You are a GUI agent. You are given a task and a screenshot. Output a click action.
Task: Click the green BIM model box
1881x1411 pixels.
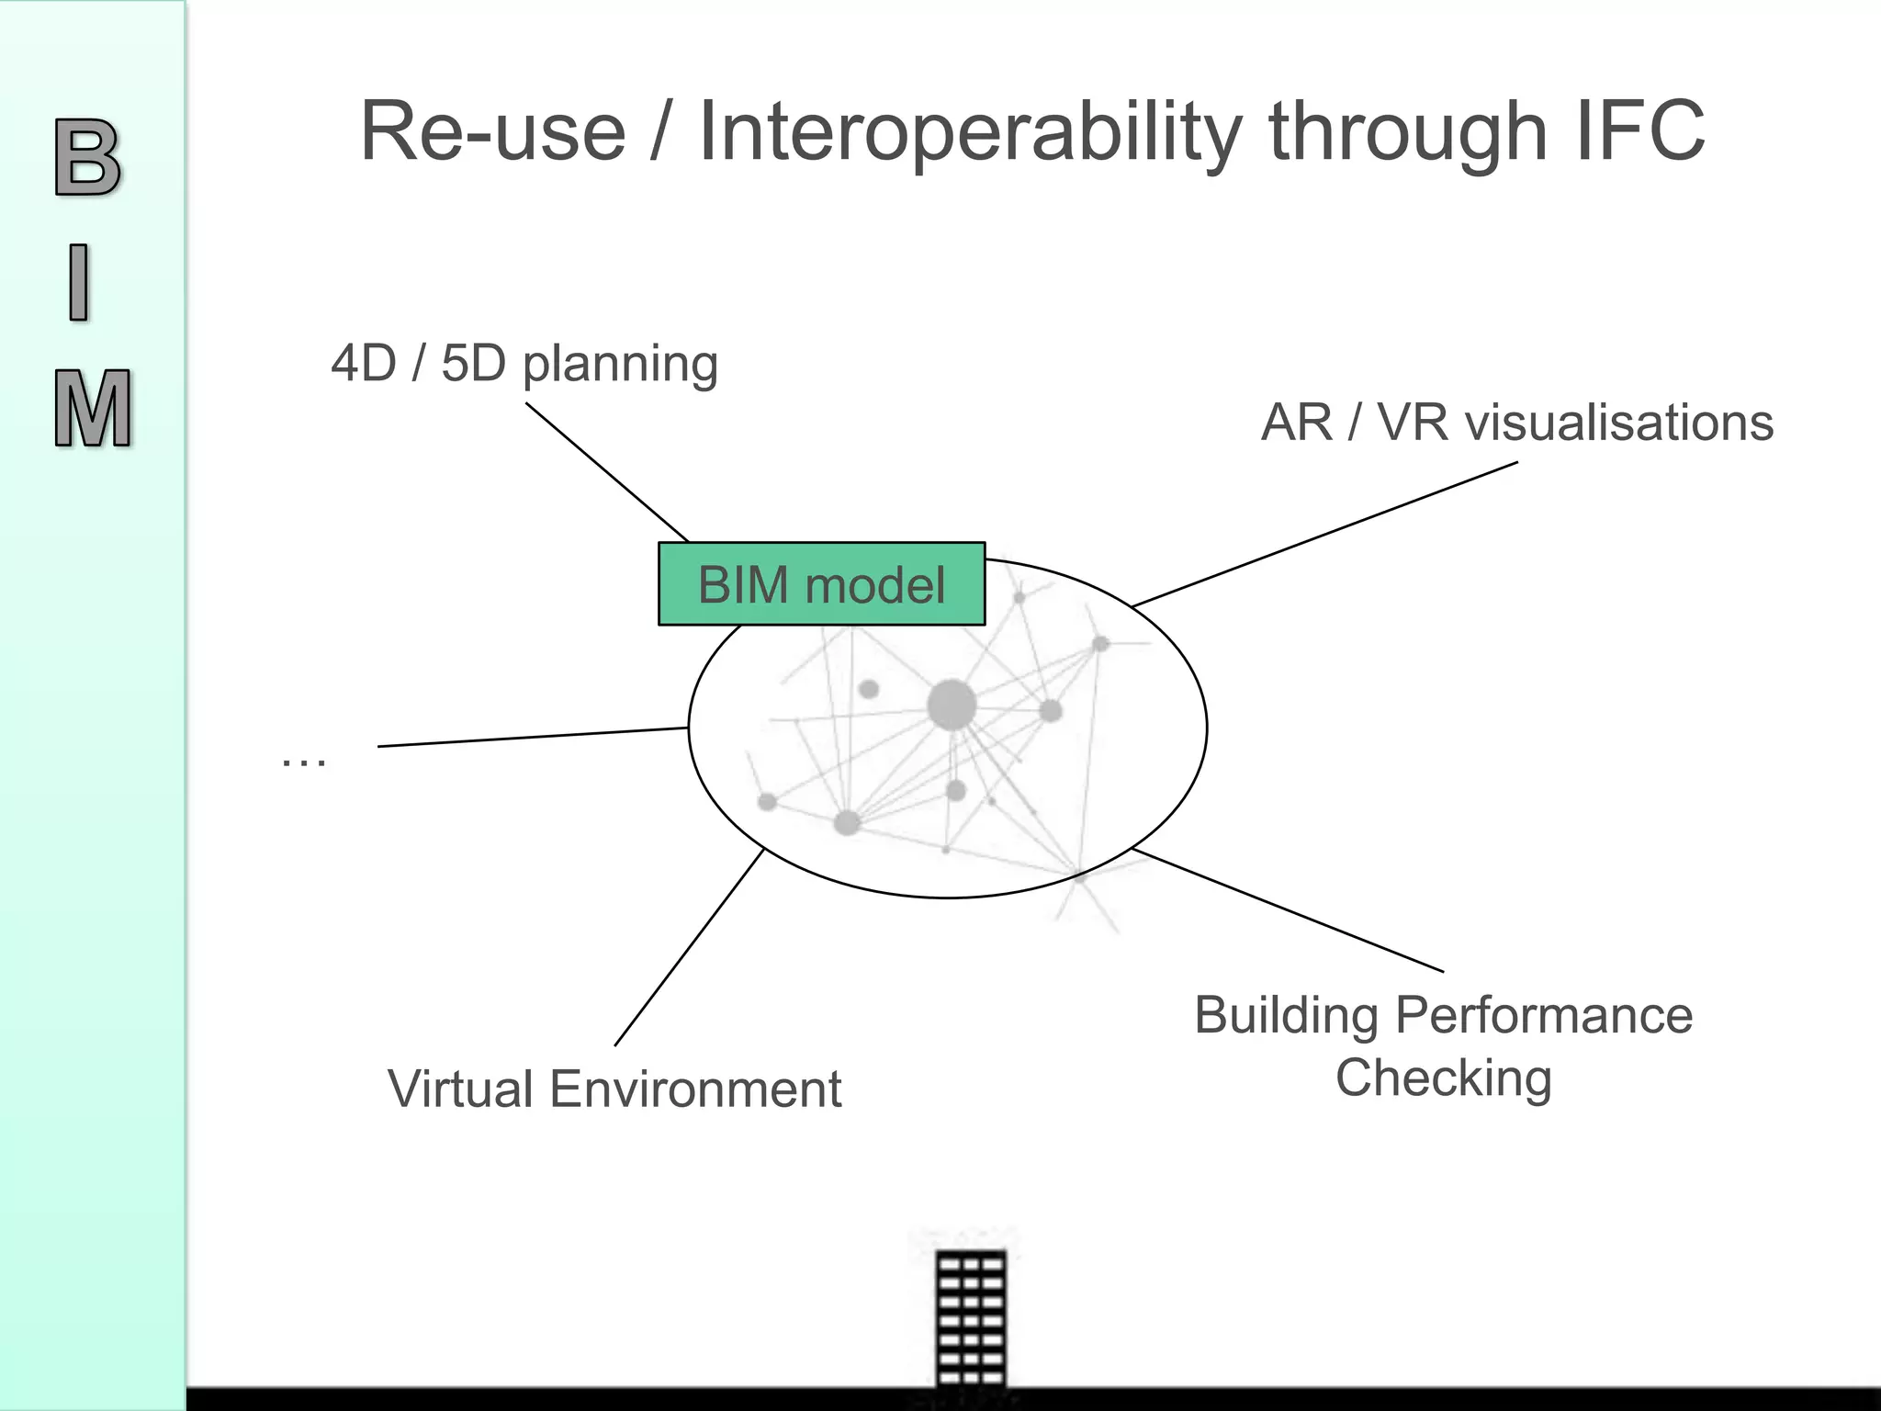click(x=821, y=584)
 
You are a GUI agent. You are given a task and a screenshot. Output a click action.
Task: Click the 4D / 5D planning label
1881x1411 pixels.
click(x=524, y=363)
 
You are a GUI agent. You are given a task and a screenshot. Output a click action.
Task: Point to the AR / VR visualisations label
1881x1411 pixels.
click(x=1516, y=423)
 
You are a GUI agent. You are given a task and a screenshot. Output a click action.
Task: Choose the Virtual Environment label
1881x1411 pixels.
click(x=614, y=1089)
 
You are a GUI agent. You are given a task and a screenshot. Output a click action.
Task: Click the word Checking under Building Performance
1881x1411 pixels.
click(x=1443, y=1078)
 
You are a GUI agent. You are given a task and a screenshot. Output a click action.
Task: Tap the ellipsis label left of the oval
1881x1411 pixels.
click(x=303, y=761)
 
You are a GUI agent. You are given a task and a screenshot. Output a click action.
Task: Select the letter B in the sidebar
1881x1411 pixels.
click(x=87, y=158)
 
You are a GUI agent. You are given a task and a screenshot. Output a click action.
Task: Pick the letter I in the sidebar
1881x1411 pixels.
click(x=80, y=282)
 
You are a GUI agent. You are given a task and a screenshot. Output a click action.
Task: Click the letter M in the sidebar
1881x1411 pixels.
click(x=92, y=409)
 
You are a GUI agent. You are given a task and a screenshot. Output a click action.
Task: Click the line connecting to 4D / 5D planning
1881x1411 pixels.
click(x=606, y=471)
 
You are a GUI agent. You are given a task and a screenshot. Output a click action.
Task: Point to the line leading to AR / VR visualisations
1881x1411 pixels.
click(x=1323, y=534)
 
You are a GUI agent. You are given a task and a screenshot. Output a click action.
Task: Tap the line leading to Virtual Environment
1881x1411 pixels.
click(x=689, y=947)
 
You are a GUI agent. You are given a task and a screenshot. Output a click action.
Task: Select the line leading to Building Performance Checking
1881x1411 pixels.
click(x=1286, y=909)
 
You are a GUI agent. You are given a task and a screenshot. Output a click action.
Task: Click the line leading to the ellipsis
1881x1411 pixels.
click(x=533, y=737)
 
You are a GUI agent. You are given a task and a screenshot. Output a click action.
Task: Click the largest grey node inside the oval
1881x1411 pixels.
click(x=952, y=705)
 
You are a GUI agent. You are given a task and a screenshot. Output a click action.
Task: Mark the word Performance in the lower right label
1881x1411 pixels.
click(x=1543, y=1015)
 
